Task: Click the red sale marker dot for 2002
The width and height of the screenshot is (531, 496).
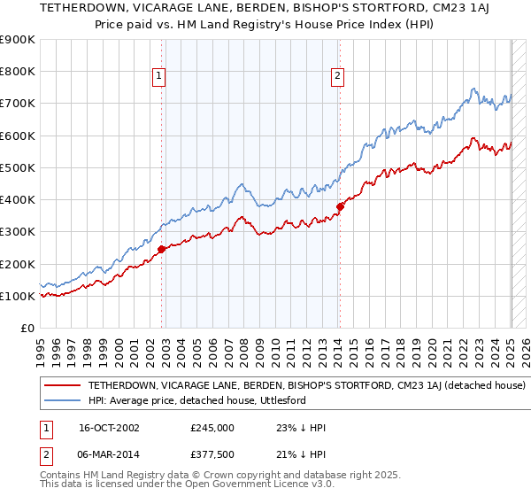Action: click(162, 250)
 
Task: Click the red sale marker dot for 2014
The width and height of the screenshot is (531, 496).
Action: click(340, 206)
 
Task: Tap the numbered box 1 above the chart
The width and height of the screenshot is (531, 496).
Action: click(158, 77)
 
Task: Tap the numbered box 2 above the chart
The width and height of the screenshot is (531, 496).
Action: click(338, 77)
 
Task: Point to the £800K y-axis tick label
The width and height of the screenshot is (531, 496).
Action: click(18, 72)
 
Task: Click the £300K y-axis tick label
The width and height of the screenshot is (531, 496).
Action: click(18, 232)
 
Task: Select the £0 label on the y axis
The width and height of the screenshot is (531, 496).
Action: click(27, 329)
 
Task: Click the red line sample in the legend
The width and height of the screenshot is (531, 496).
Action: click(62, 386)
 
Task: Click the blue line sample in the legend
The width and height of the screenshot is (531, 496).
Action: click(62, 401)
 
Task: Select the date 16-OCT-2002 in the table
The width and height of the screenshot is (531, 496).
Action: click(109, 427)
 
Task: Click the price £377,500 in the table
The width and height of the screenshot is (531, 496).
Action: click(212, 454)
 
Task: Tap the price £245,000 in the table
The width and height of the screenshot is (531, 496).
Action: click(212, 427)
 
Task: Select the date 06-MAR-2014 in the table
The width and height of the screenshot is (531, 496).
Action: click(110, 454)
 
